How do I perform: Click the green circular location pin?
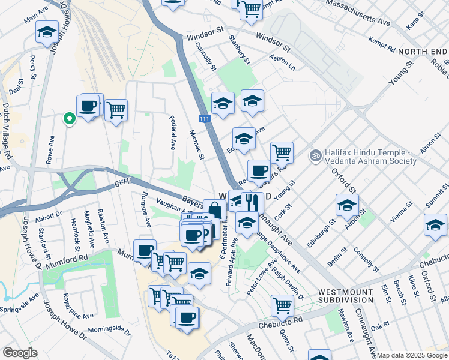pyautogui.click(x=70, y=119)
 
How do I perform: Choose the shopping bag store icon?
pyautogui.click(x=214, y=210)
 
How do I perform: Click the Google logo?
pyautogui.click(x=20, y=353)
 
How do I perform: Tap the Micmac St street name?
pyautogui.click(x=197, y=146)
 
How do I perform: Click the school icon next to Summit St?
pyautogui.click(x=435, y=225)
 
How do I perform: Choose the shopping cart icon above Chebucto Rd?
pyautogui.click(x=282, y=305)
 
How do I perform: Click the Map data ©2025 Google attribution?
pyautogui.click(x=412, y=355)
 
